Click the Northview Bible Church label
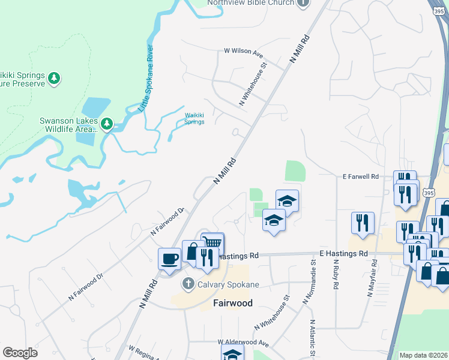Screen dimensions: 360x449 (x=251, y=2)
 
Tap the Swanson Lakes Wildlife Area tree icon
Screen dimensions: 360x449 (x=107, y=124)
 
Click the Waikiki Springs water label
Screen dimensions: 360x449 (x=194, y=118)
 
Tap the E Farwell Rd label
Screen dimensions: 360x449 (x=360, y=176)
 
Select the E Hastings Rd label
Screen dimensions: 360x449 (x=343, y=254)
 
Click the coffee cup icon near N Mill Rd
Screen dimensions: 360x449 (x=169, y=259)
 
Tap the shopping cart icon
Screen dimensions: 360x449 (x=212, y=243)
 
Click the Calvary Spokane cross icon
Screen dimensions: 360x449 (x=188, y=283)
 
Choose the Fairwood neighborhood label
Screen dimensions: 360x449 (x=233, y=303)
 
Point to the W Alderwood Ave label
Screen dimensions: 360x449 (x=243, y=342)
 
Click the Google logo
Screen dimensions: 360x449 (x=20, y=353)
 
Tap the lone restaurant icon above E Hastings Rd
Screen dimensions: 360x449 (x=363, y=223)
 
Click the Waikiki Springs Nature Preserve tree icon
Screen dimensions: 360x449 (x=55, y=78)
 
